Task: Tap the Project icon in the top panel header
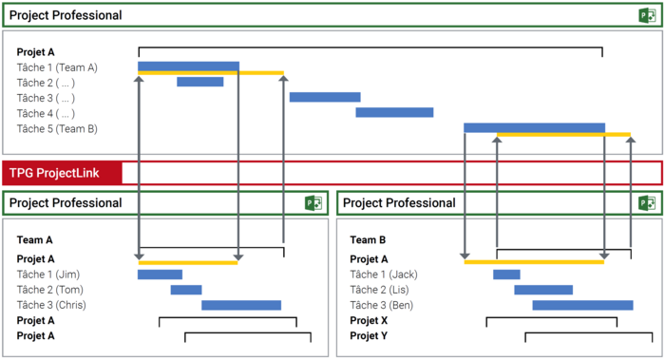(647, 15)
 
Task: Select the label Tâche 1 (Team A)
(57, 67)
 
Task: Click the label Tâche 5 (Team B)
(57, 128)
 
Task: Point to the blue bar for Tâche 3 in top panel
(325, 97)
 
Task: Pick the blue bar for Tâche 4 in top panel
(394, 112)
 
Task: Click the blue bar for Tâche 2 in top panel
(199, 82)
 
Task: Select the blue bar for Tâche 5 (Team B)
(534, 127)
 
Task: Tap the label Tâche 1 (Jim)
(50, 275)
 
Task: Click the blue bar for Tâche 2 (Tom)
(186, 290)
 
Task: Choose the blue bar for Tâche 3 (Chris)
(241, 305)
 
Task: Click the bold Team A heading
(35, 240)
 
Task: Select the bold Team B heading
(368, 240)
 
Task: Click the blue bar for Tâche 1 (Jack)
(506, 275)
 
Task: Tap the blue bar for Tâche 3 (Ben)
(582, 305)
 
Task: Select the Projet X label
(370, 320)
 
